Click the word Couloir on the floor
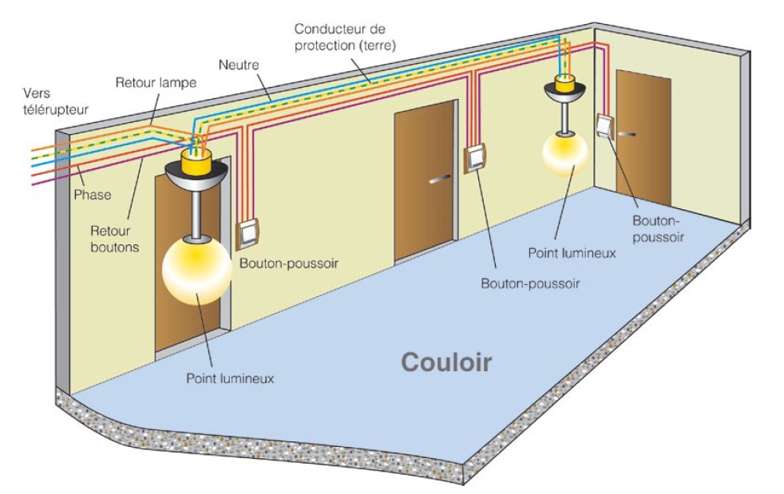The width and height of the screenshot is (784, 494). (446, 362)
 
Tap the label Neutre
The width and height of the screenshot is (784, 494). (239, 65)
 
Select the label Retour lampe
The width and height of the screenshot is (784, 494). (156, 82)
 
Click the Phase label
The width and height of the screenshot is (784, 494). (93, 195)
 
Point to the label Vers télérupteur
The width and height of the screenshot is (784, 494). (56, 101)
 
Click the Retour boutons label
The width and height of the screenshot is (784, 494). (115, 239)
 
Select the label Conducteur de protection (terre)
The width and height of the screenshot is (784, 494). (345, 37)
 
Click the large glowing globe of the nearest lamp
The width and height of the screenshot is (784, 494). (197, 271)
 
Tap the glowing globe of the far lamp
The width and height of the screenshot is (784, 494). (564, 153)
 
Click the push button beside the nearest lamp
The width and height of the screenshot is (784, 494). (247, 234)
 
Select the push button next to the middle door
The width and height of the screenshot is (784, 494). (474, 158)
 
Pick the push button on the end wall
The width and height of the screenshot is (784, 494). (605, 125)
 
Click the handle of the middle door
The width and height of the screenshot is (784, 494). (439, 179)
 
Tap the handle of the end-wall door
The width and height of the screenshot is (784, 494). (627, 134)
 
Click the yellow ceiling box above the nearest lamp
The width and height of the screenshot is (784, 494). (196, 159)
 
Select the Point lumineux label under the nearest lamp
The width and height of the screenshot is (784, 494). (230, 378)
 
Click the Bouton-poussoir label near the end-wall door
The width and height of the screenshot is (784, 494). (658, 228)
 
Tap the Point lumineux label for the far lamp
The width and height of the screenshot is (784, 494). (572, 252)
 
